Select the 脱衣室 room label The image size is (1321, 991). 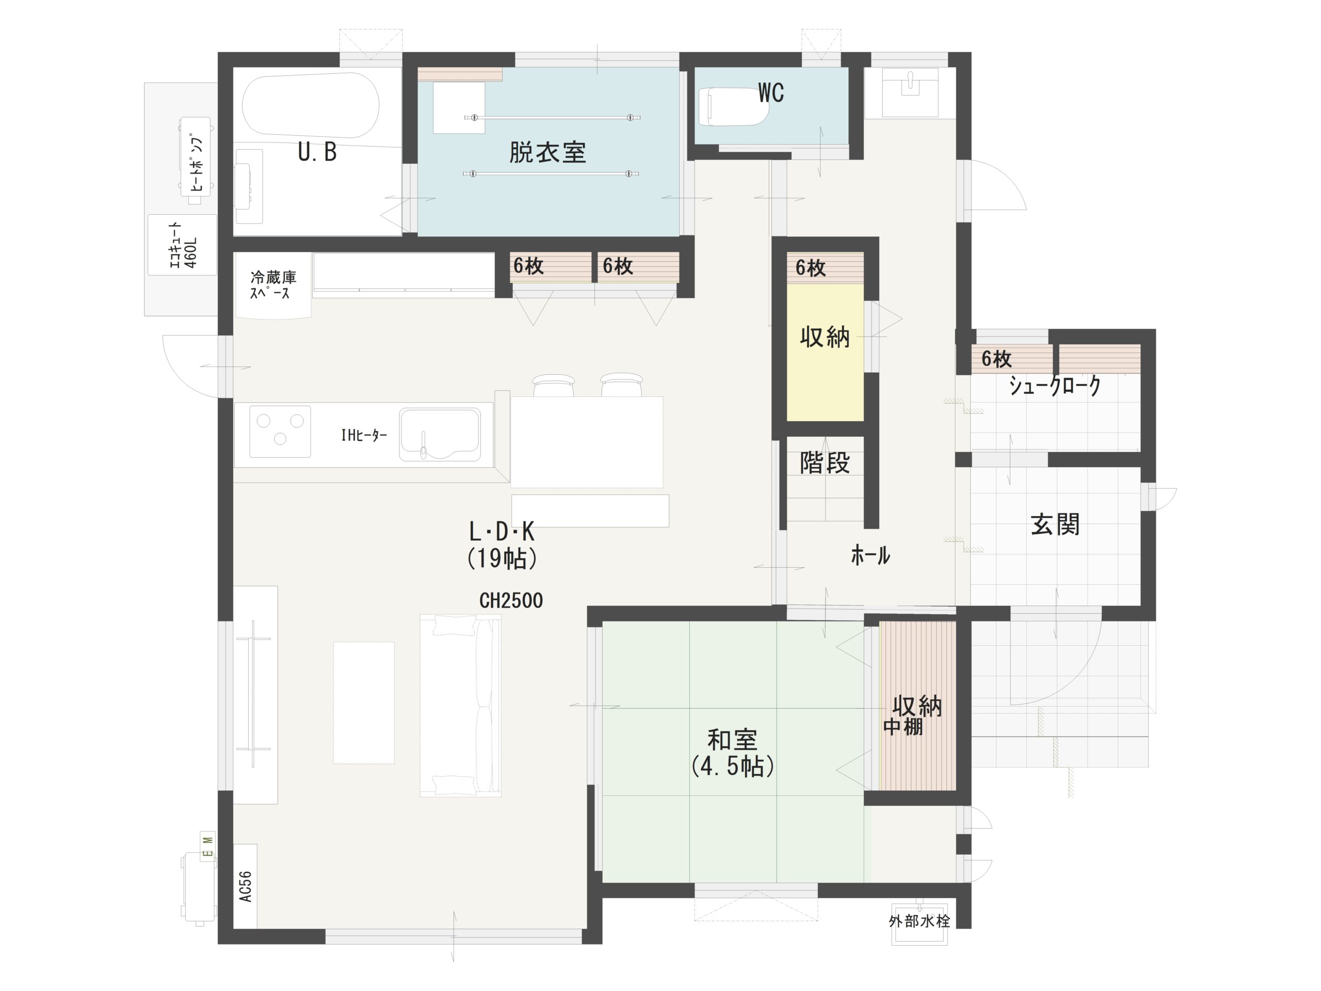[x=547, y=153]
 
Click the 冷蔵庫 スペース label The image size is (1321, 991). [x=273, y=285]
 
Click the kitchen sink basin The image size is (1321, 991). [x=440, y=434]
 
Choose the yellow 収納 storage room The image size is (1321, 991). [x=825, y=352]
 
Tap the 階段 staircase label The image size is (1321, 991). [x=825, y=463]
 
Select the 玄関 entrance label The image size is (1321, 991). [x=1055, y=524]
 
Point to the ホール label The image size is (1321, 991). [x=870, y=555]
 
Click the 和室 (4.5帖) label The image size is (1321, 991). [x=733, y=753]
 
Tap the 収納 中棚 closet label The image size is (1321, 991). [x=912, y=715]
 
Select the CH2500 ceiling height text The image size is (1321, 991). [x=511, y=600]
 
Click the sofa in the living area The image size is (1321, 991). [x=460, y=706]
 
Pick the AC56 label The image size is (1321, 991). [x=246, y=886]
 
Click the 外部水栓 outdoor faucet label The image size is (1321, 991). [x=919, y=921]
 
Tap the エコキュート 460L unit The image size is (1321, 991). [x=182, y=245]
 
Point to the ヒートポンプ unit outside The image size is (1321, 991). [x=196, y=159]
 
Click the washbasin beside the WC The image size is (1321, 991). [x=910, y=92]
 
